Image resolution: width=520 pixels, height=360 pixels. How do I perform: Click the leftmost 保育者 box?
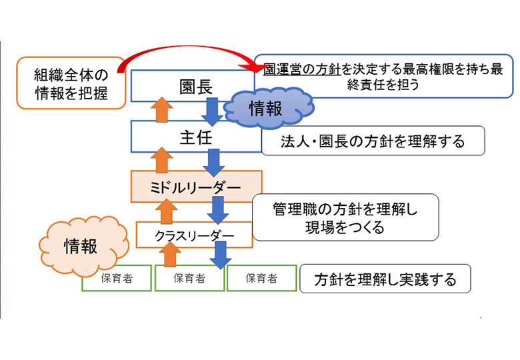[x=116, y=279]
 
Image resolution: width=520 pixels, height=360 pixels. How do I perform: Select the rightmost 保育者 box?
[x=261, y=279]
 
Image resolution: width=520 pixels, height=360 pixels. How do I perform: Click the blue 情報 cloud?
[x=265, y=109]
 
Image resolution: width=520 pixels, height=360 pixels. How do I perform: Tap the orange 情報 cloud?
[x=80, y=245]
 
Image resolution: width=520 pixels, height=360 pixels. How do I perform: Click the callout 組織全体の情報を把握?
[x=71, y=83]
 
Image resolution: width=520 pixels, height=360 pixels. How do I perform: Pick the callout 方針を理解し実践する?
[x=385, y=279]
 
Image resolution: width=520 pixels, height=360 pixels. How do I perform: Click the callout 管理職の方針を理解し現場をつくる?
[x=345, y=217]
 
